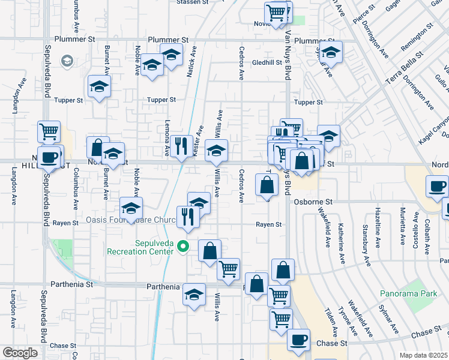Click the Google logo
pos(20,353)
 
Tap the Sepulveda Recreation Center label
pos(141,247)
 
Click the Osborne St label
pos(312,202)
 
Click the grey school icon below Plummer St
pos(67,61)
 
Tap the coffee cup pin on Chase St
pos(298,340)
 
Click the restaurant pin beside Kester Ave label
pos(181,146)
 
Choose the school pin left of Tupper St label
pos(99,86)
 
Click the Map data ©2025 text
pos(424,355)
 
